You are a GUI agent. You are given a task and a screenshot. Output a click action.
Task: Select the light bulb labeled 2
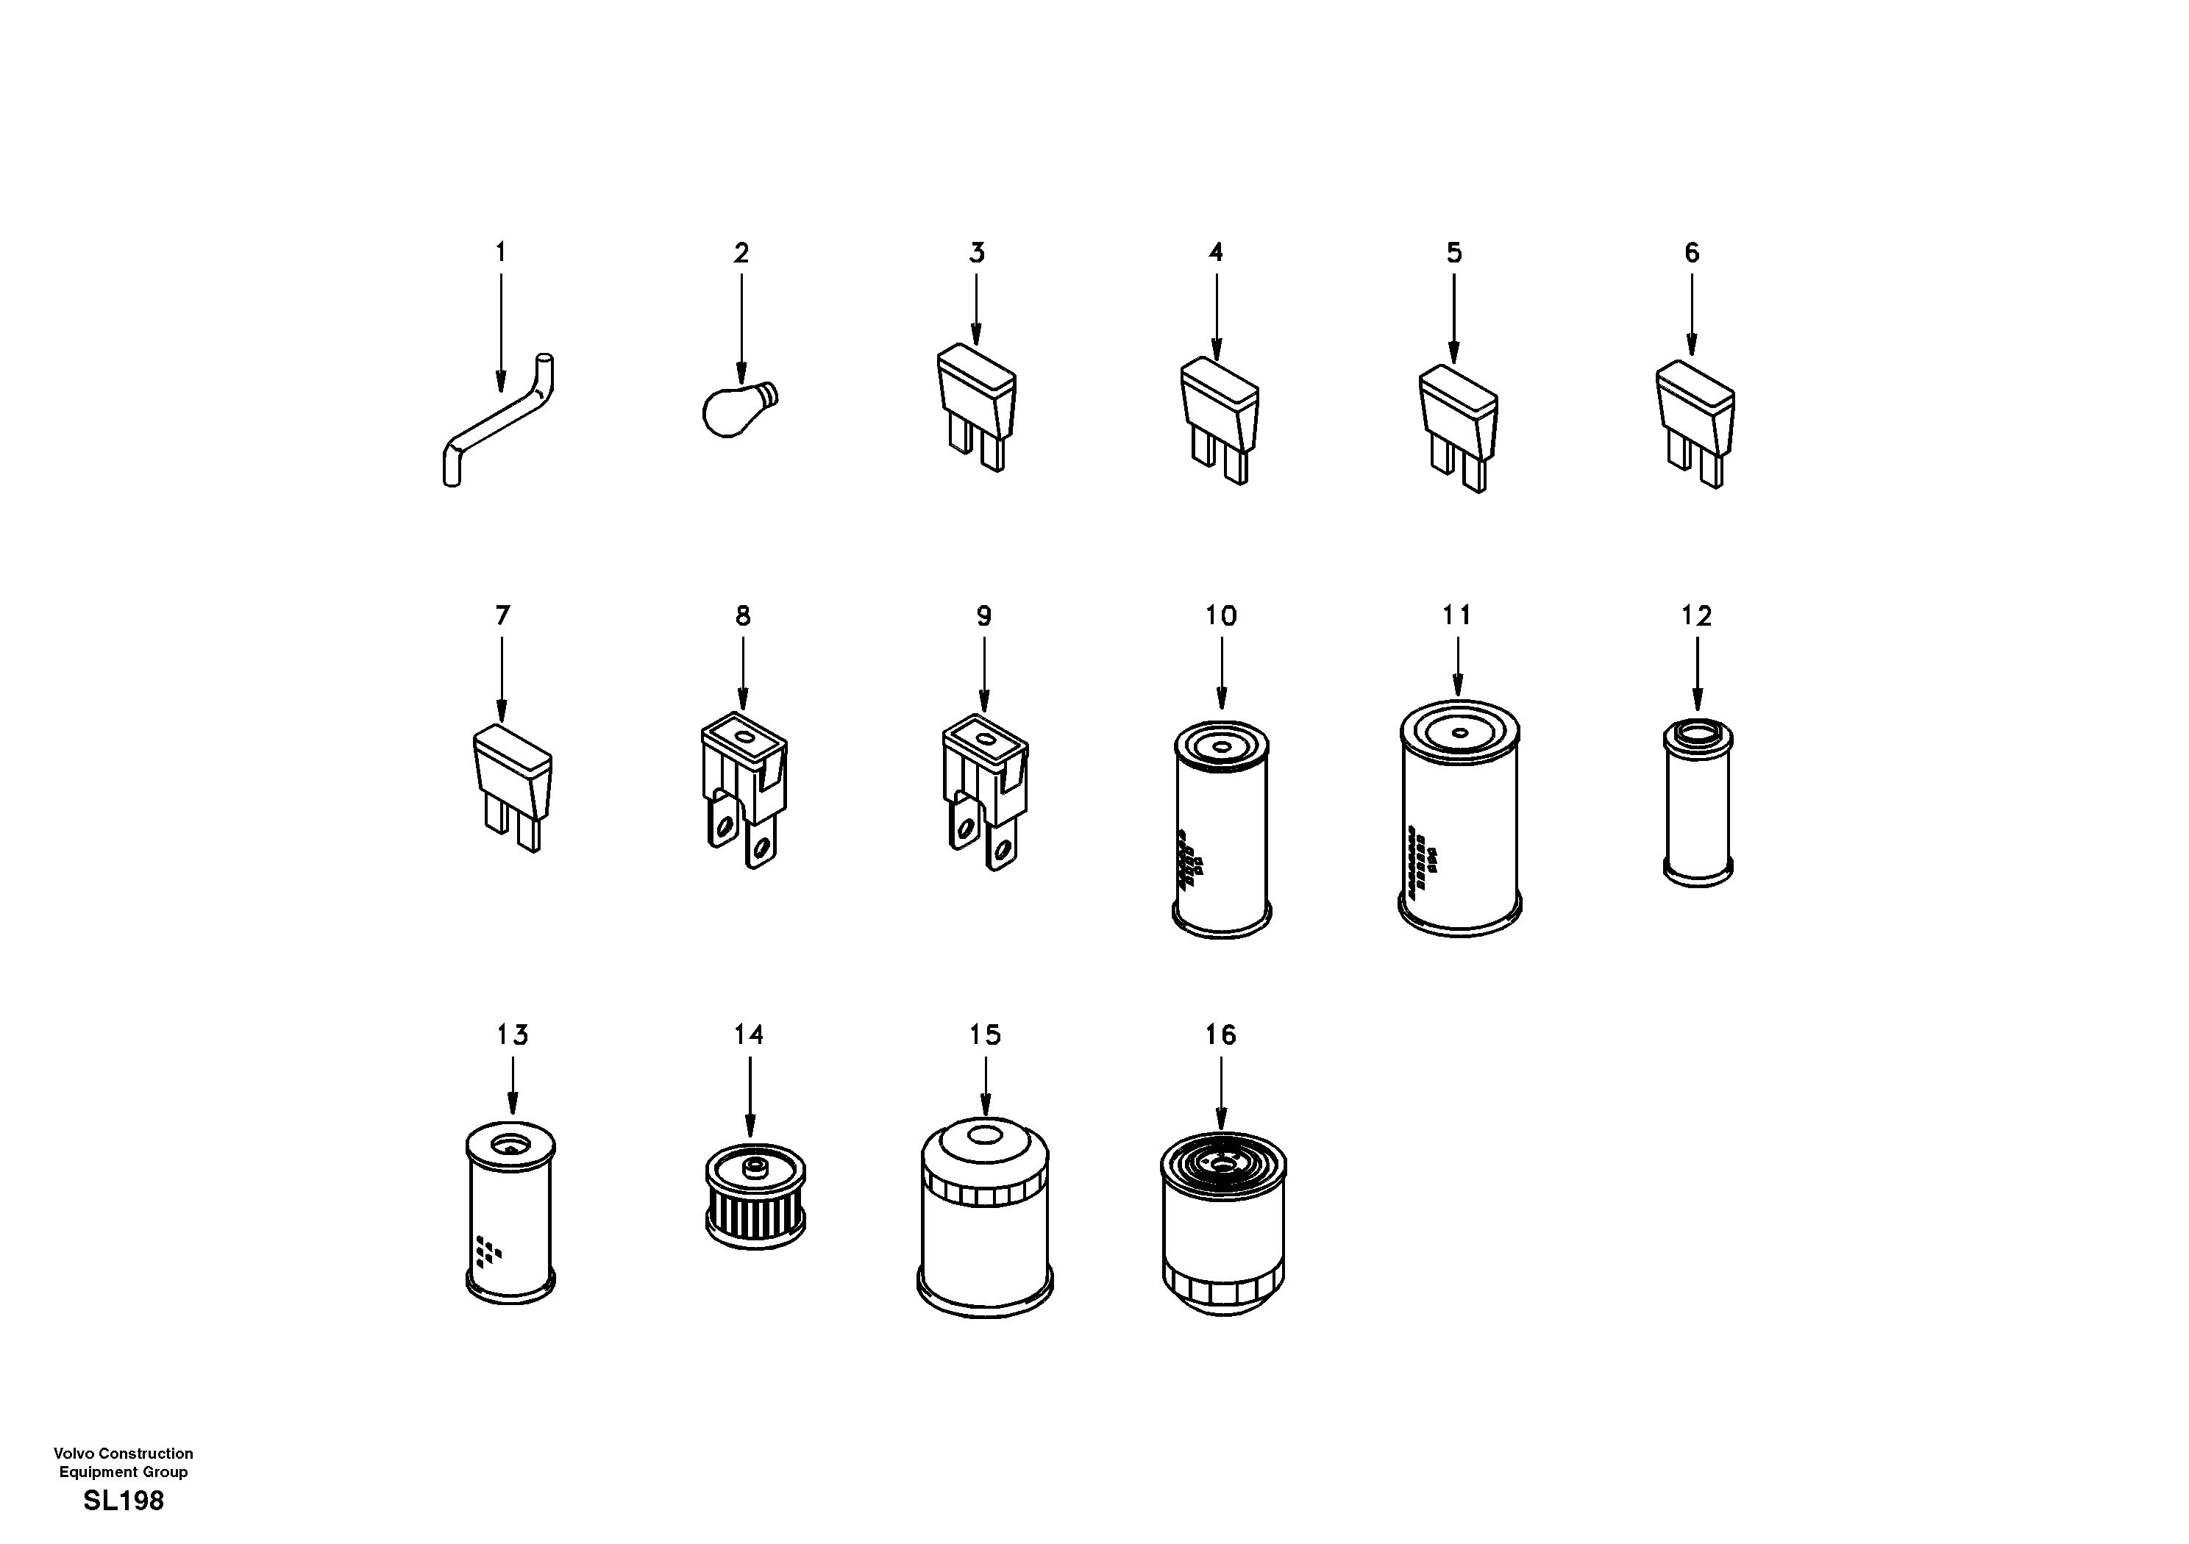click(x=738, y=410)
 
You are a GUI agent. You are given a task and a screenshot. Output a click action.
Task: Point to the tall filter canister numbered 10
click(x=1221, y=829)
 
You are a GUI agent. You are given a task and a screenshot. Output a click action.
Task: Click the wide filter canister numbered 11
click(x=1459, y=820)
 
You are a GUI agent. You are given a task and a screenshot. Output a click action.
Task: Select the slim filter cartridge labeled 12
click(x=1697, y=805)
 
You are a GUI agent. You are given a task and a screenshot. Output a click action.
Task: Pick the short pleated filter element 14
click(x=755, y=1197)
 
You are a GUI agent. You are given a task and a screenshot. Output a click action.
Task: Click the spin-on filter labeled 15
click(x=985, y=1220)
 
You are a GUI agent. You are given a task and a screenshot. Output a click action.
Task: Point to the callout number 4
click(x=1216, y=253)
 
